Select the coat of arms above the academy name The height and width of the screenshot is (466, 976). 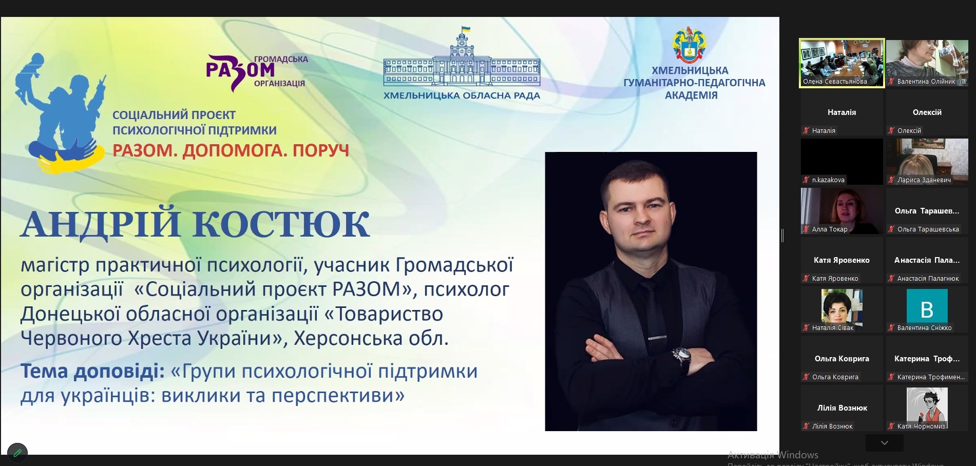[689, 45]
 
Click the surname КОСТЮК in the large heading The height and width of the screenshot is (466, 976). [281, 224]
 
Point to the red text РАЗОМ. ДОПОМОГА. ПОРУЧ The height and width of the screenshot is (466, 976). [231, 150]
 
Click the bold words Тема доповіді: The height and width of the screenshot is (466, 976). [92, 371]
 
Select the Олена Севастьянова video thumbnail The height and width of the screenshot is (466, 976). [842, 63]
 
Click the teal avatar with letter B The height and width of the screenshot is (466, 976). [927, 306]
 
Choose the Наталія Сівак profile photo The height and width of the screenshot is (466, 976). [841, 306]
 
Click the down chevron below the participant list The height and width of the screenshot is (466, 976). [884, 442]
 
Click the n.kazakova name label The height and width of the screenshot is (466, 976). [828, 180]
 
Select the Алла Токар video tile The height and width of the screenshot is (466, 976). [842, 211]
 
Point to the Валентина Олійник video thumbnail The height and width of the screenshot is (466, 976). [927, 63]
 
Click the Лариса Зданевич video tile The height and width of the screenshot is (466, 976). [927, 162]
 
